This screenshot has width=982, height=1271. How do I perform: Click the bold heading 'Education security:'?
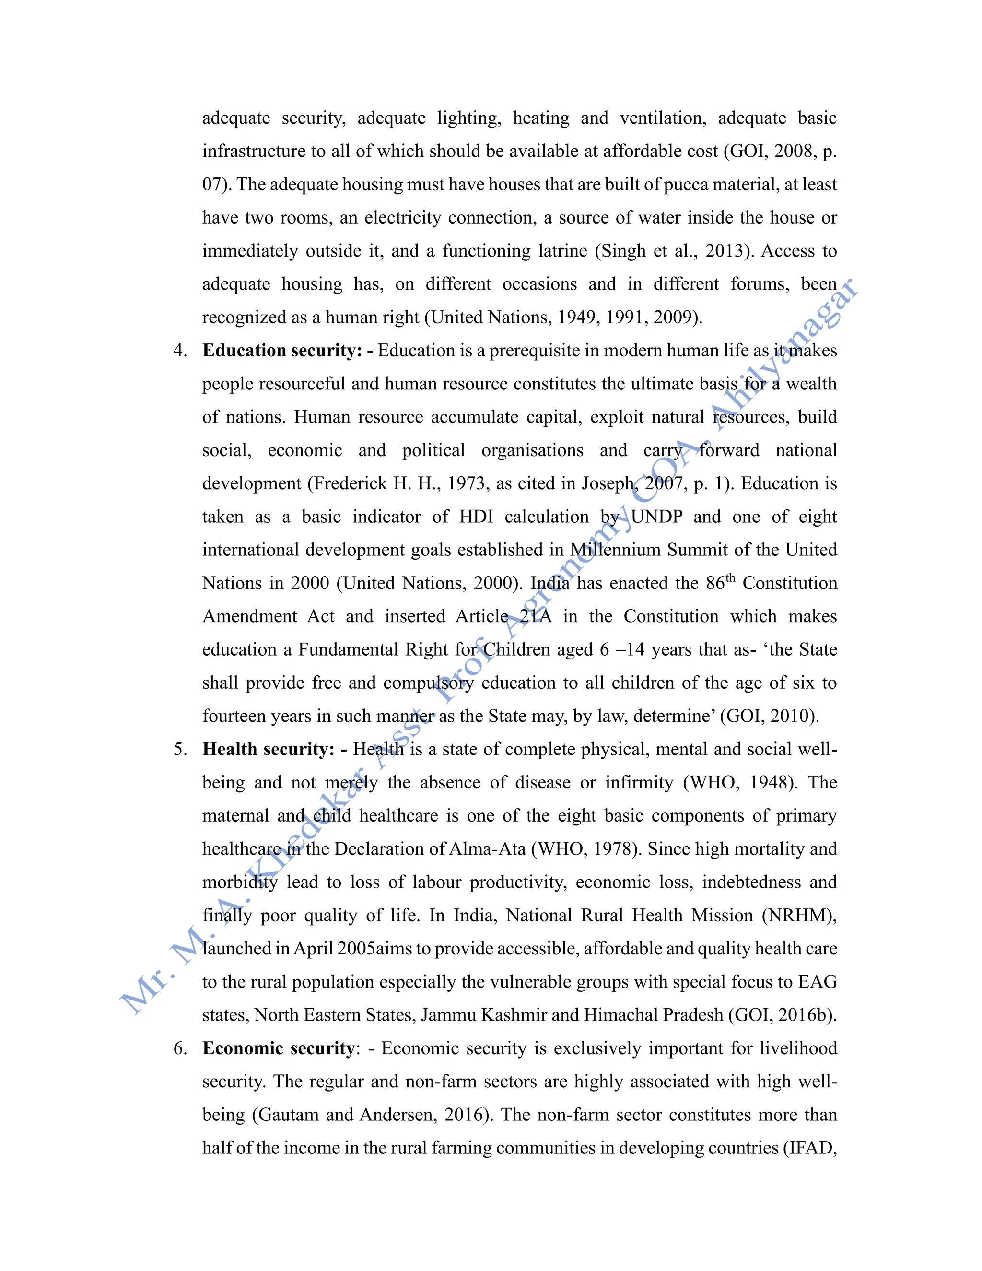coord(281,350)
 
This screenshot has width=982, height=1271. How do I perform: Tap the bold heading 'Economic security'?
coord(278,1048)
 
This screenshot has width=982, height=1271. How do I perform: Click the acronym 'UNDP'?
coord(656,517)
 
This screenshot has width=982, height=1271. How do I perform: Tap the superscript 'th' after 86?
coord(731,578)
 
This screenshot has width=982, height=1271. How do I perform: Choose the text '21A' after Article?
coord(536,616)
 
